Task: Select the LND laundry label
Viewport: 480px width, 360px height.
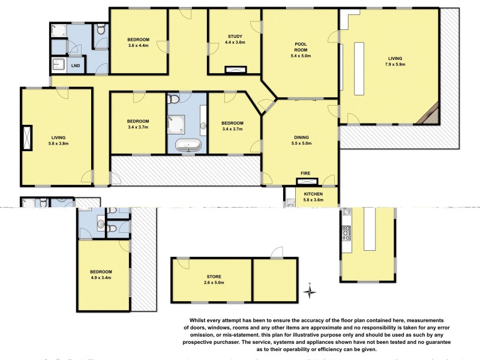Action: click(76, 65)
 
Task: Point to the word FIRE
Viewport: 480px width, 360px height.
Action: click(305, 173)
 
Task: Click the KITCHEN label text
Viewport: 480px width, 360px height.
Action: click(313, 194)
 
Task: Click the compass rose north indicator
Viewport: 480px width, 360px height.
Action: click(310, 292)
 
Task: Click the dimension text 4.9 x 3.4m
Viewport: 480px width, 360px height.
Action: click(101, 278)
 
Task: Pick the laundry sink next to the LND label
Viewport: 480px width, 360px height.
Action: click(59, 64)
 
